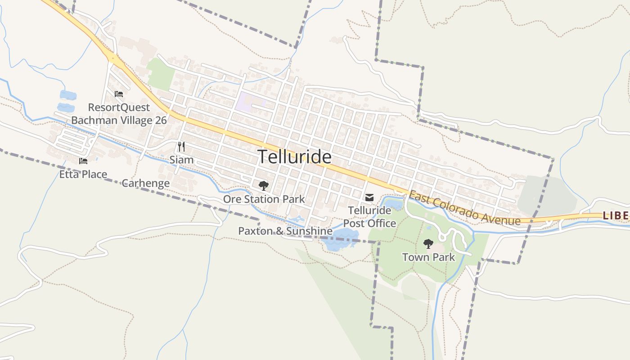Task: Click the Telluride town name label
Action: (295, 157)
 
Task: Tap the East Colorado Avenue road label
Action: (464, 208)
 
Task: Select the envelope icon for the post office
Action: (369, 197)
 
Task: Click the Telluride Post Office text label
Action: (369, 216)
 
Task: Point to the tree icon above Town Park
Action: (428, 244)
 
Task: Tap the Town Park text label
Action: (428, 257)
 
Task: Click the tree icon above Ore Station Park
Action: (263, 185)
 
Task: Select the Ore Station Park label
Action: (264, 199)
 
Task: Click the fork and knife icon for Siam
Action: (181, 146)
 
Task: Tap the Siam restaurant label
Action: (181, 160)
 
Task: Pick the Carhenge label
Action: (145, 183)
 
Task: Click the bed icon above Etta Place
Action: (83, 161)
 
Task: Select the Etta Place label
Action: (83, 174)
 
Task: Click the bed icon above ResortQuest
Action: (119, 94)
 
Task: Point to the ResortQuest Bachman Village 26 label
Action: (119, 114)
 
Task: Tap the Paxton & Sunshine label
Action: (285, 231)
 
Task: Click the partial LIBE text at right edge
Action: (616, 216)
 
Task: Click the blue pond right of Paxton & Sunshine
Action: (341, 238)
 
